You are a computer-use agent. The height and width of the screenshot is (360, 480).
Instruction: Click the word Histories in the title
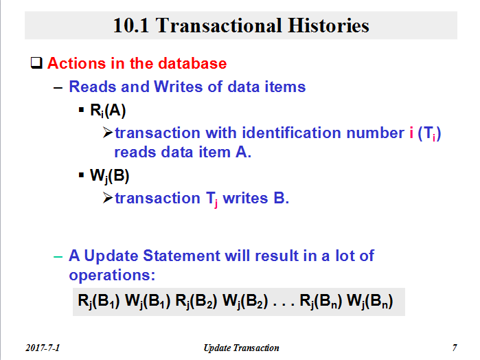pos(328,25)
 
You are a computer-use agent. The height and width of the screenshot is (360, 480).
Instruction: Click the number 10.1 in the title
pos(131,25)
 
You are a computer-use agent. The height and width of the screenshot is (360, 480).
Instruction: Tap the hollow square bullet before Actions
pos(36,63)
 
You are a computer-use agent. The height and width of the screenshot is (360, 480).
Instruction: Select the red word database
pos(192,63)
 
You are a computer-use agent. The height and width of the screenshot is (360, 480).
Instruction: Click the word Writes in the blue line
pos(178,87)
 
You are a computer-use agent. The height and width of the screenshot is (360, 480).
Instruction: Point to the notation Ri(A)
pos(108,111)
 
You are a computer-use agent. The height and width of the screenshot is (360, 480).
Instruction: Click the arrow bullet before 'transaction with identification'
pos(108,133)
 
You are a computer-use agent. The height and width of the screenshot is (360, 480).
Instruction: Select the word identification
pos(291,133)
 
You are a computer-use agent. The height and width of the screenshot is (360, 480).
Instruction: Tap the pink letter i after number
pos(411,133)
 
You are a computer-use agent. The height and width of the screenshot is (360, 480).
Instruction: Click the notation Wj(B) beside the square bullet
pos(109,176)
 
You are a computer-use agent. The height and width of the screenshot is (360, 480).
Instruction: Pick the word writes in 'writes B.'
pos(245,198)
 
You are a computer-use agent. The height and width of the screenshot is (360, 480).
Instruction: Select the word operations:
pos(112,275)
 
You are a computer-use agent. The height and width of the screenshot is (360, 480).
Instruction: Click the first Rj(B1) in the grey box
pos(99,301)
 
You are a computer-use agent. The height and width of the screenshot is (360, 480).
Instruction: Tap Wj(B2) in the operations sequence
pos(245,301)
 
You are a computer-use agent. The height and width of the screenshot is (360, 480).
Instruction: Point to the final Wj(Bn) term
pos(370,301)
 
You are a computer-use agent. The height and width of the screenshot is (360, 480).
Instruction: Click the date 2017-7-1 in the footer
pos(43,348)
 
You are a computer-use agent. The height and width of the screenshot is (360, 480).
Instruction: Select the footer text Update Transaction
pos(241,348)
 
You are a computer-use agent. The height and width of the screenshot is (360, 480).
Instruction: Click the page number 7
pos(455,348)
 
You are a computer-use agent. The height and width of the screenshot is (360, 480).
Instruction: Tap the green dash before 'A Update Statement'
pos(58,256)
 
